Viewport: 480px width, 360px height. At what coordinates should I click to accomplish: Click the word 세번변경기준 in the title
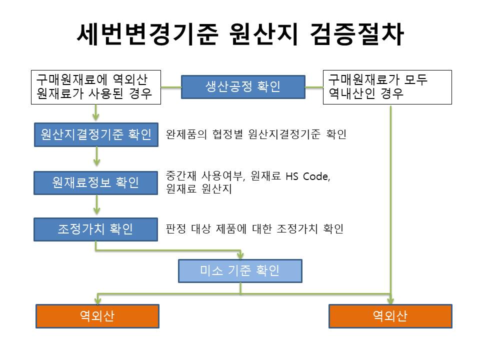[x=147, y=34]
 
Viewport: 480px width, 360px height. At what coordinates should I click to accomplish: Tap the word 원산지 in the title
[x=263, y=34]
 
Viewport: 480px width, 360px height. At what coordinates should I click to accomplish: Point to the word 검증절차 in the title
[x=356, y=34]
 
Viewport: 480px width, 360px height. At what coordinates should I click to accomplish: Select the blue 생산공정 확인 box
[x=243, y=87]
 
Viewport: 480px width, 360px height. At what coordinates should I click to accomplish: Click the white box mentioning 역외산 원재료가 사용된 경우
[x=96, y=87]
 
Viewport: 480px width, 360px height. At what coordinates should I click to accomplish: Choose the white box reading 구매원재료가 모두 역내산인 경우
[x=387, y=87]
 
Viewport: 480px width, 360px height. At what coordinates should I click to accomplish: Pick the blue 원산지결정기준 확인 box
[x=96, y=134]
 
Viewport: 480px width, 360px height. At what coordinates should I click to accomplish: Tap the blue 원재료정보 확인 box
[x=96, y=183]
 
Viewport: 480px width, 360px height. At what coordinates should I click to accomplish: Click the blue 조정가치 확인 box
[x=96, y=229]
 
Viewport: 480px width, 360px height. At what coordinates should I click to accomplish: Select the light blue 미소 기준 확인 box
[x=240, y=271]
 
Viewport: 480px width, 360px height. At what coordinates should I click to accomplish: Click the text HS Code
[x=307, y=176]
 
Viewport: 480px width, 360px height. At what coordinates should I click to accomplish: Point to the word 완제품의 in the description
[x=186, y=134]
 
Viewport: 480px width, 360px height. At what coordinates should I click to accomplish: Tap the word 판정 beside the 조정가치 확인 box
[x=175, y=228]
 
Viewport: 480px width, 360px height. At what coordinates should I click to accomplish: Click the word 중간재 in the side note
[x=181, y=176]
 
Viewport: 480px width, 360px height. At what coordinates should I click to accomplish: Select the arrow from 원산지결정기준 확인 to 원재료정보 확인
[x=96, y=156]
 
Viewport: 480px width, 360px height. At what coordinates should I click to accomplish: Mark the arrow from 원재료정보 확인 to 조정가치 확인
[x=96, y=204]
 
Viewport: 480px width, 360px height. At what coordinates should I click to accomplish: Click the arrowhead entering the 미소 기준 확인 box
[x=240, y=255]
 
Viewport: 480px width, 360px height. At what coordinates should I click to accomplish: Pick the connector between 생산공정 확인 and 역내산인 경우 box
[x=314, y=87]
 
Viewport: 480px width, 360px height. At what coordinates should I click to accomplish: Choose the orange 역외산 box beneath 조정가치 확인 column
[x=97, y=316]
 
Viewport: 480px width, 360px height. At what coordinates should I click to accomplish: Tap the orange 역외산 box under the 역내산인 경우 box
[x=390, y=316]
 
